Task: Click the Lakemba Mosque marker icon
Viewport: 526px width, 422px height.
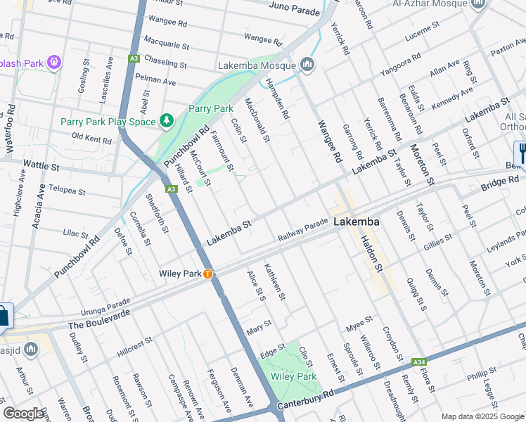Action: pyautogui.click(x=307, y=65)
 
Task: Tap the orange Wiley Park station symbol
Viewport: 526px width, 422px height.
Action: pyautogui.click(x=208, y=274)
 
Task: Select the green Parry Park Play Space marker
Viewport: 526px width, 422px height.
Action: pyautogui.click(x=166, y=121)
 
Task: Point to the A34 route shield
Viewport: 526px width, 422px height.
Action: pyautogui.click(x=420, y=362)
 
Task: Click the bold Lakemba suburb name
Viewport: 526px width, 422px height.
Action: pyautogui.click(x=357, y=222)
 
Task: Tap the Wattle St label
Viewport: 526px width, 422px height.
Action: pyautogui.click(x=41, y=165)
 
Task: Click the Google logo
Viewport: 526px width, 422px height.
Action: pyautogui.click(x=24, y=414)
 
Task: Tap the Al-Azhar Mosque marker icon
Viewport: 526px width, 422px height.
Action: pyautogui.click(x=479, y=4)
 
